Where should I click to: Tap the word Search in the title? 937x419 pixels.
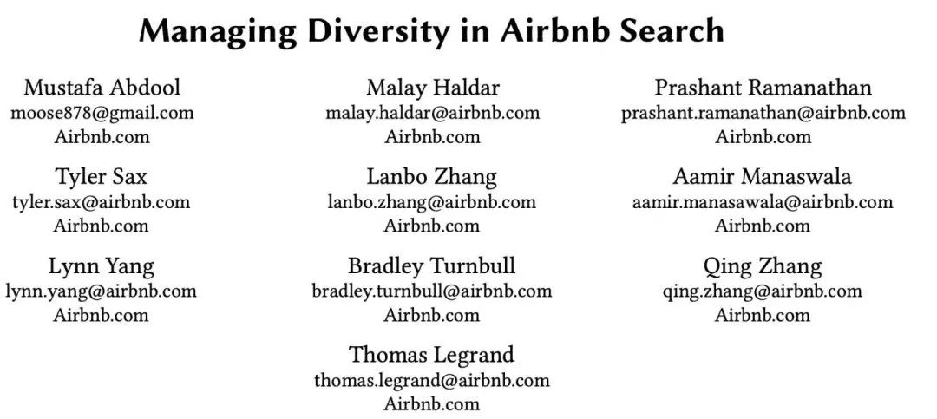coord(672,29)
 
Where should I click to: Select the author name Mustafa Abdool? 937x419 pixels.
coord(102,88)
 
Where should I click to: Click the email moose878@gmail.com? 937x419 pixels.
coord(102,113)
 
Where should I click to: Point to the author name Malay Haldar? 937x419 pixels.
coord(433,88)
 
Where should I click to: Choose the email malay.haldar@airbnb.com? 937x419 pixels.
coord(432,113)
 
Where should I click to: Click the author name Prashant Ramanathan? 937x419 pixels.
coord(763,88)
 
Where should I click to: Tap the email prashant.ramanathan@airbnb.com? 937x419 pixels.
coord(763,113)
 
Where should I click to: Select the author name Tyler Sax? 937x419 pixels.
coord(101,177)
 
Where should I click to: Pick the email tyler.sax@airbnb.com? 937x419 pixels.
coord(101,201)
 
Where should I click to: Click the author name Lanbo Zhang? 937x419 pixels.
coord(431,177)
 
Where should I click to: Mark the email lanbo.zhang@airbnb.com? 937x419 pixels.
coord(431,201)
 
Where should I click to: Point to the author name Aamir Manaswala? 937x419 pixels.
coord(763,177)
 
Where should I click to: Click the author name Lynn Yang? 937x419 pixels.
coord(101,266)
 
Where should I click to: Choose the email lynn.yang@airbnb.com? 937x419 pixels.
coord(101,291)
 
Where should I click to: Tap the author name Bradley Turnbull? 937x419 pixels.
coord(431,266)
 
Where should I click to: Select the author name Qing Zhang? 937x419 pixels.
coord(763,266)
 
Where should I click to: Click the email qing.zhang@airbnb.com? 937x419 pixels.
coord(763,291)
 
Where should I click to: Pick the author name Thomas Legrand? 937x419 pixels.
coord(431,355)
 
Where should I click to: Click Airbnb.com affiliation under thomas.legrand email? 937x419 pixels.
coord(431,403)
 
